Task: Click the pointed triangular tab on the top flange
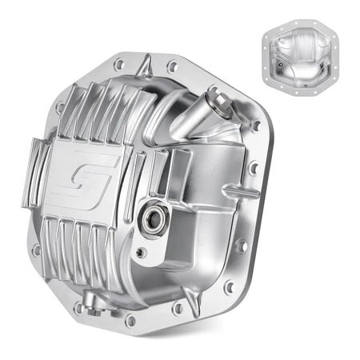pos(146,61)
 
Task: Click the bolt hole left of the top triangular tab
pos(119,64)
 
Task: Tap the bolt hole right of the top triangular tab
pos(171,66)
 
